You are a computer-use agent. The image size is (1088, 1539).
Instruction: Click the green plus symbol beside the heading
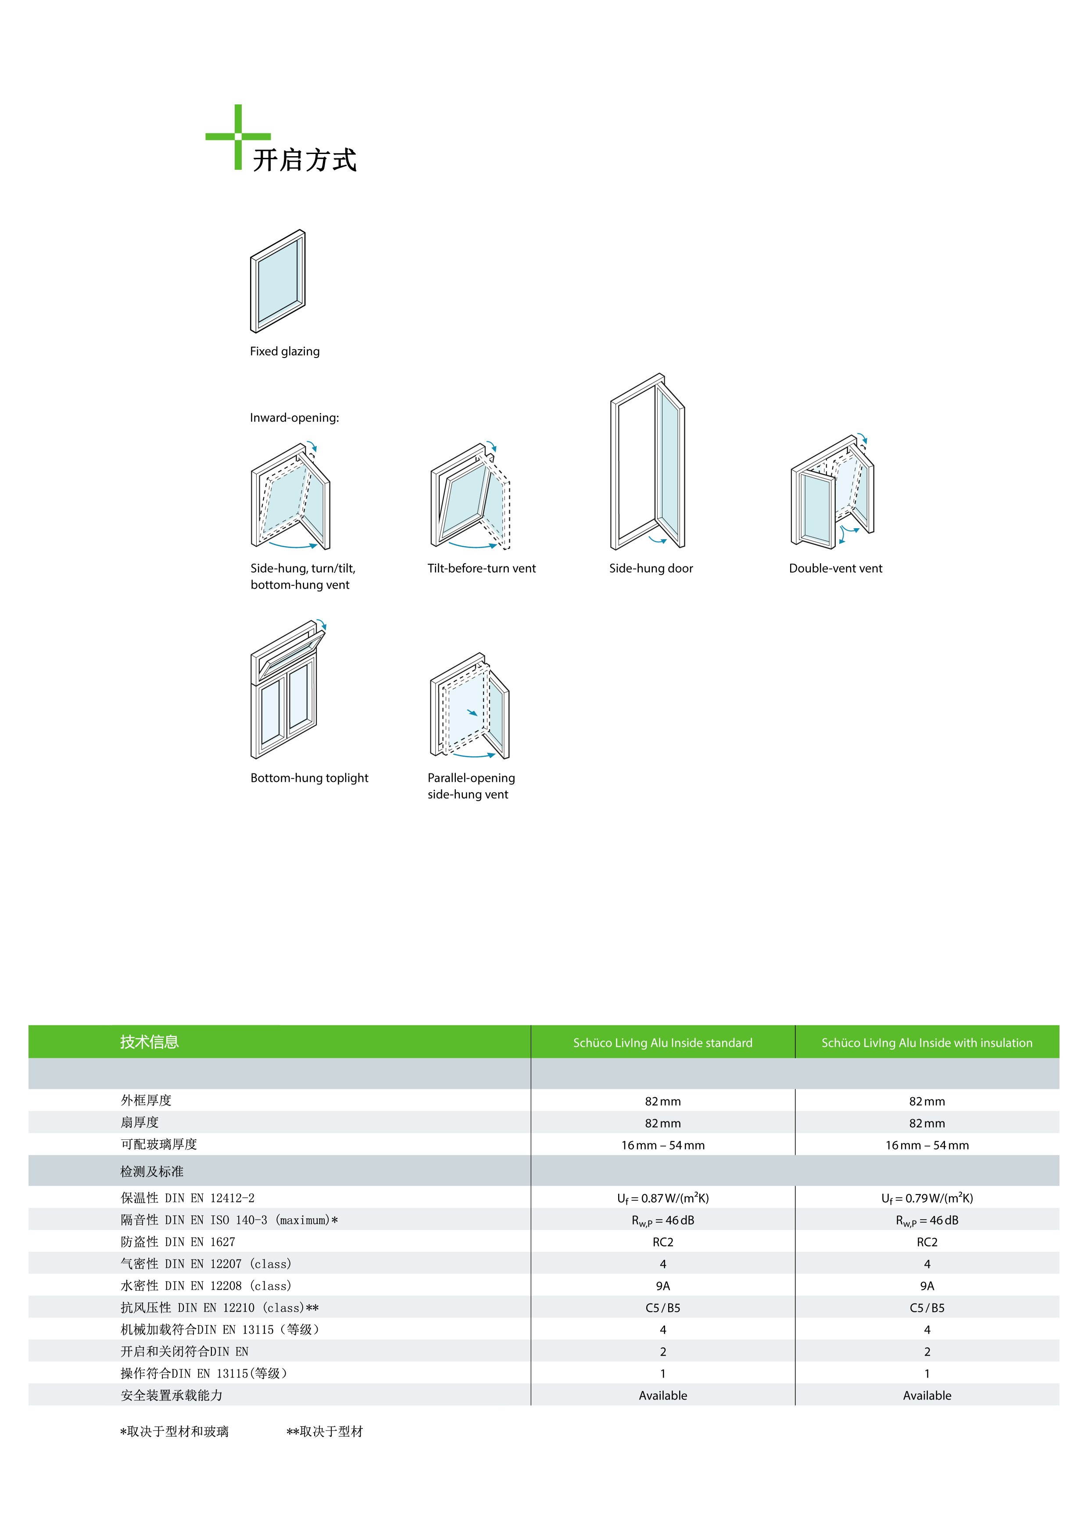coord(238,137)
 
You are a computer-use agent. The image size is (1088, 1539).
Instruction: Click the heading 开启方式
coord(305,160)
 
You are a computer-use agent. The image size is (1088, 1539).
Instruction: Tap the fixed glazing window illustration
coord(278,281)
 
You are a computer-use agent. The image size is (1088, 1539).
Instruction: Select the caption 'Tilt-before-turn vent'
coord(481,569)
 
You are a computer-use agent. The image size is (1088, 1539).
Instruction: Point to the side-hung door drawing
coord(648,461)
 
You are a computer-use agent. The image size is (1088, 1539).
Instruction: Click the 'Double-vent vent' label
coord(835,569)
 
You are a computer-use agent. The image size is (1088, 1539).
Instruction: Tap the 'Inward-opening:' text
coord(294,418)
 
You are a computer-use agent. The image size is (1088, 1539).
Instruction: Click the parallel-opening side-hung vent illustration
coord(470,706)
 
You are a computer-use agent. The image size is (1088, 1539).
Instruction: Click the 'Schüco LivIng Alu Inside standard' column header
coord(662,1043)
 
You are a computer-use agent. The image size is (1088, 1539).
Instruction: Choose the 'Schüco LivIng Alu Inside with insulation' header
coord(927,1043)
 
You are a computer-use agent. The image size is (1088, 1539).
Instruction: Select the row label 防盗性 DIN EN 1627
coord(178,1242)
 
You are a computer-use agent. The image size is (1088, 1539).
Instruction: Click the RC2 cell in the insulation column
coord(927,1242)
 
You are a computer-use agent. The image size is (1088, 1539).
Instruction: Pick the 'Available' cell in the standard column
coord(662,1396)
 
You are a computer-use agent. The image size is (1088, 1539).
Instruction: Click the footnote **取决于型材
coord(325,1432)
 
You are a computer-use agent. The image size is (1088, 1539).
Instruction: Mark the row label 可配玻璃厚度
coord(159,1144)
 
